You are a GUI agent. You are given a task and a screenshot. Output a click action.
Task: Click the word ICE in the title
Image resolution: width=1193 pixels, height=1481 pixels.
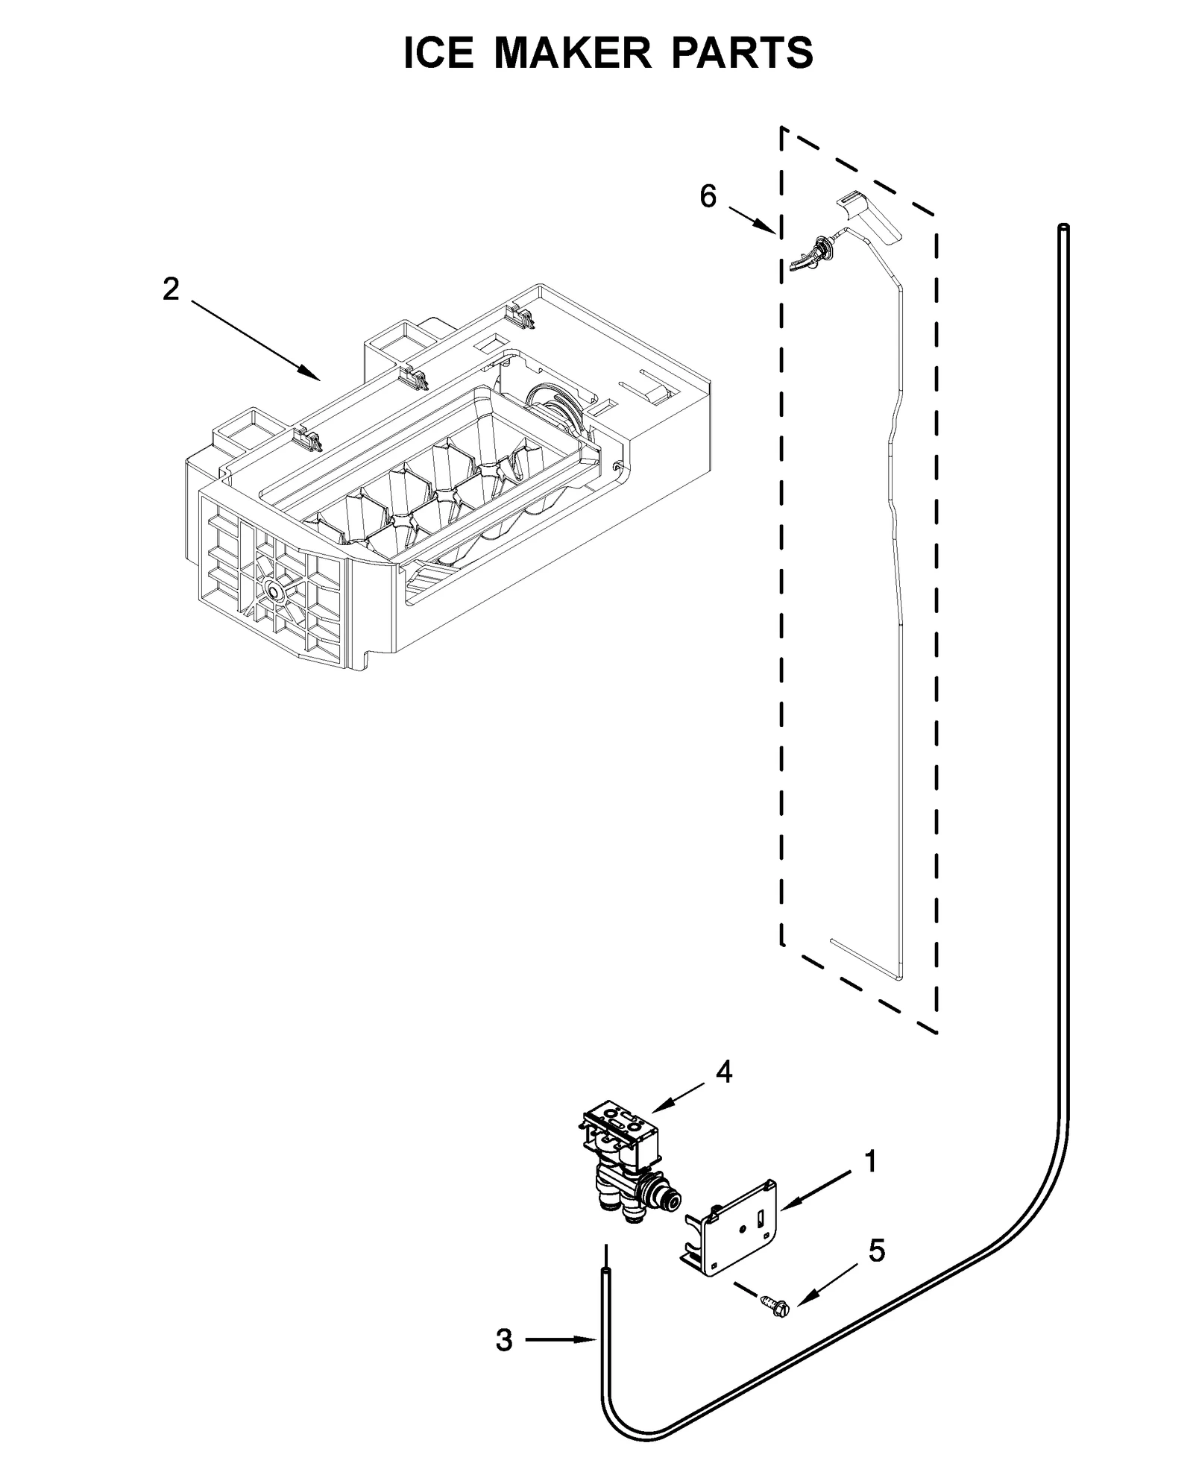[x=438, y=53]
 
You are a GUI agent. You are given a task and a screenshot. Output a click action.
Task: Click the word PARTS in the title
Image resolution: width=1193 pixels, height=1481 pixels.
[x=743, y=53]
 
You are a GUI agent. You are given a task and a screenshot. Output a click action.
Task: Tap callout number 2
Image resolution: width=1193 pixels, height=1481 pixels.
[x=171, y=289]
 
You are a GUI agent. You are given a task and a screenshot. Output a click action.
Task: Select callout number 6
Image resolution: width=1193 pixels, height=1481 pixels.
[x=707, y=196]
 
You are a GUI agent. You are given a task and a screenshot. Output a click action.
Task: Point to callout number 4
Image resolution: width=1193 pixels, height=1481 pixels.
[x=723, y=1072]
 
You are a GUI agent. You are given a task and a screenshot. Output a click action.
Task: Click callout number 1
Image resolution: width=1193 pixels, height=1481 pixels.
[x=869, y=1161]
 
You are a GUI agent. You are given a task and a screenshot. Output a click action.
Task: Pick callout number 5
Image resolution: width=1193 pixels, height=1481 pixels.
[x=876, y=1251]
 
